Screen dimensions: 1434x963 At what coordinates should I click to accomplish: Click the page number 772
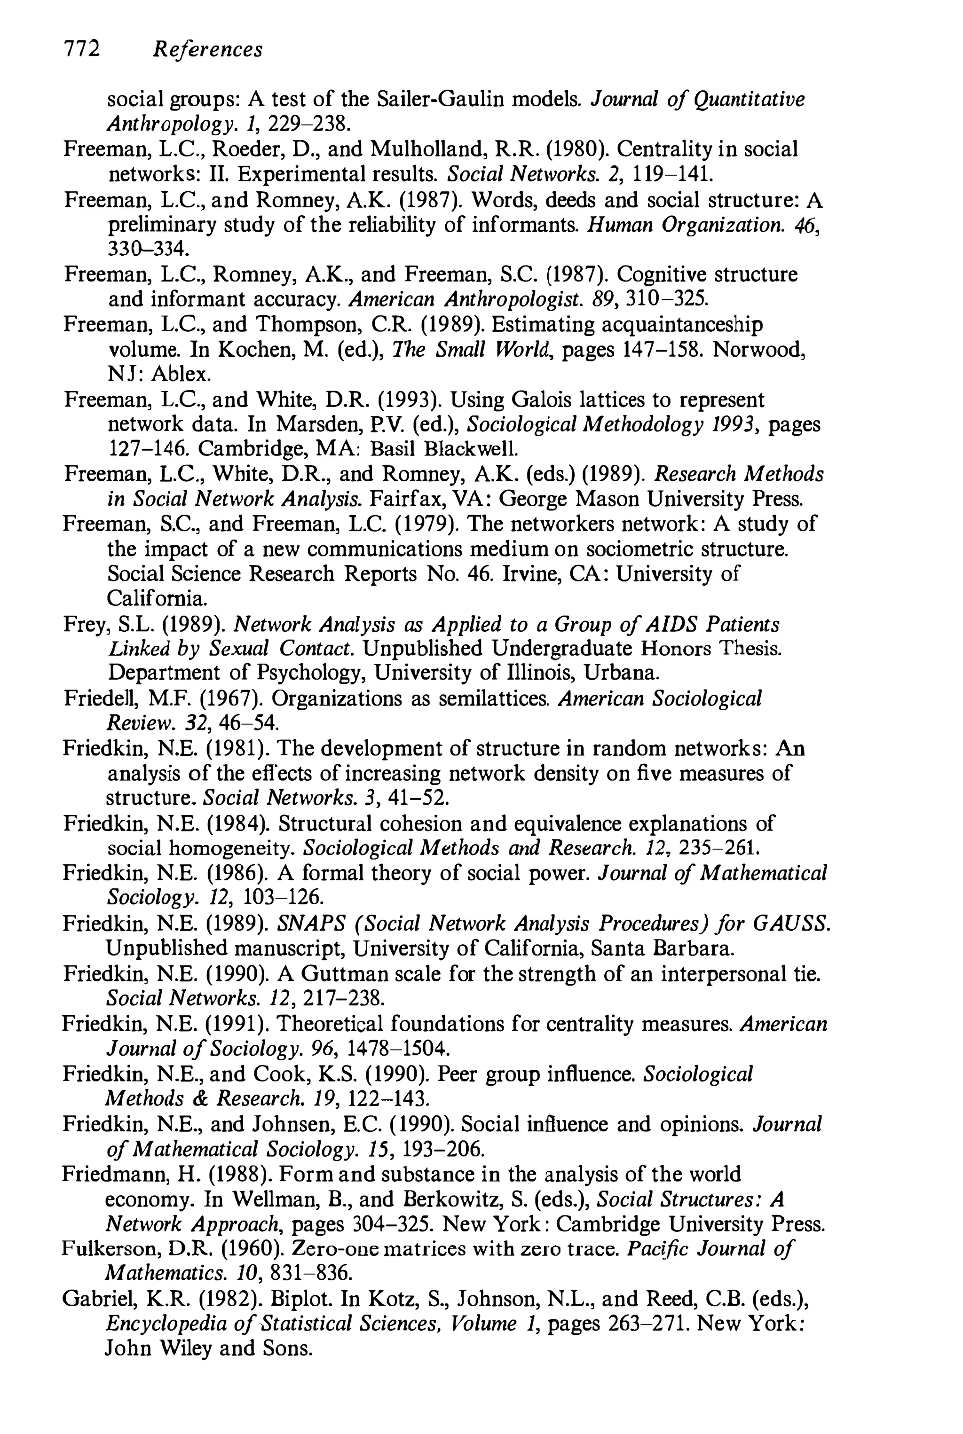(x=82, y=48)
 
